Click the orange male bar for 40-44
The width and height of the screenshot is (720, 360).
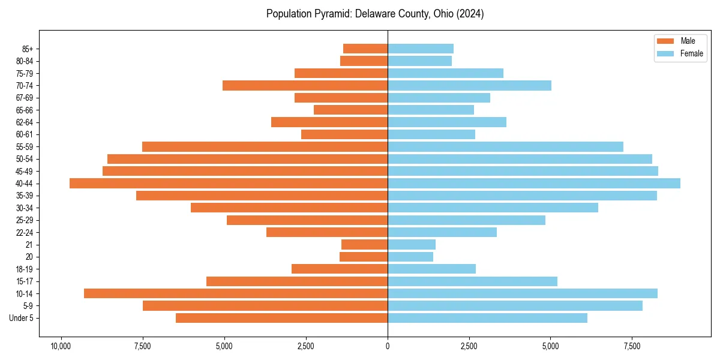click(x=229, y=184)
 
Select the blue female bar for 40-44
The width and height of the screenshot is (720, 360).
click(x=534, y=184)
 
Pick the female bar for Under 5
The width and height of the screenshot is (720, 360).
click(x=487, y=318)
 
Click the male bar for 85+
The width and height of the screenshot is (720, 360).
click(x=365, y=49)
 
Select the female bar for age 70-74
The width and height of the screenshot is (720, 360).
click(x=469, y=86)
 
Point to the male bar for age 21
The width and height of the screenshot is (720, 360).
click(x=365, y=245)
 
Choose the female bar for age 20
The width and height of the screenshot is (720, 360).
click(x=410, y=257)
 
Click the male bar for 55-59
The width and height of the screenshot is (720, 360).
click(x=265, y=147)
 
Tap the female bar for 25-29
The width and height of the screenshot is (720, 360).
click(x=466, y=220)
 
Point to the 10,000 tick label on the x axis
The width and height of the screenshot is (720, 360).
click(x=61, y=346)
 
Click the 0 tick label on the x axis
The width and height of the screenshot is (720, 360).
click(x=388, y=346)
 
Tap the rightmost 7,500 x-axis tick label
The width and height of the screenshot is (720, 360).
click(x=632, y=346)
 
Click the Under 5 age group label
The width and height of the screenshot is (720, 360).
click(x=22, y=318)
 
